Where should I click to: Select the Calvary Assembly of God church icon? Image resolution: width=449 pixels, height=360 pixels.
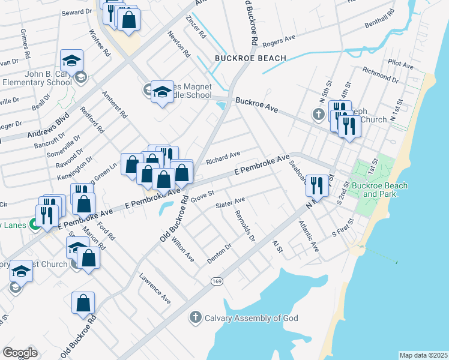click(194, 317)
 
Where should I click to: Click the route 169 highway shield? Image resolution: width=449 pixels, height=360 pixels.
click(217, 281)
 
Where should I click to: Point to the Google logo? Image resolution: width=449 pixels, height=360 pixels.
click(19, 353)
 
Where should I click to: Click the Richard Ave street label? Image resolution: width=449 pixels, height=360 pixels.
click(223, 157)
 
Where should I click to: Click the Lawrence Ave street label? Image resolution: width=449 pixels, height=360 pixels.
click(155, 288)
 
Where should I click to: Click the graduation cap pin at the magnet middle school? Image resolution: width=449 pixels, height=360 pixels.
click(161, 92)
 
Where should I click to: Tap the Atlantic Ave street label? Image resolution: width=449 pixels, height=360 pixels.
click(310, 237)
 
